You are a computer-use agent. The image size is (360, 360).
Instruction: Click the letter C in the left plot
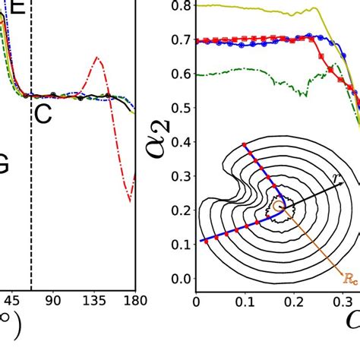pos(43,115)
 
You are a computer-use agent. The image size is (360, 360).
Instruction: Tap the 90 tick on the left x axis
pos(53,302)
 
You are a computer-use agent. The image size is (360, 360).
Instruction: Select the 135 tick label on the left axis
pos(95,302)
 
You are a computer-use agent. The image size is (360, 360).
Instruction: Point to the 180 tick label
pos(125,302)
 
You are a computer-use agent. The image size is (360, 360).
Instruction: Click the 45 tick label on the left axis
pos(11,302)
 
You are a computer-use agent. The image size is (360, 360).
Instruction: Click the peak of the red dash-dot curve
pos(96,58)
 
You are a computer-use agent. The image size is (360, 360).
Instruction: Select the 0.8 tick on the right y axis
pos(179,6)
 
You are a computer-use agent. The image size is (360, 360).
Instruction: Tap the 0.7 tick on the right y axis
pos(179,40)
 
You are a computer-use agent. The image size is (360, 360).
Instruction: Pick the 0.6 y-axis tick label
pos(179,74)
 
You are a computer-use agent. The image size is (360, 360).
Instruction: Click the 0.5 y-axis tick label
pos(179,109)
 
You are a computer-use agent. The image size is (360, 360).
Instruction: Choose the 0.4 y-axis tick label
pos(179,143)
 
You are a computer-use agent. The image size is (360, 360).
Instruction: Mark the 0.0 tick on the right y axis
pos(179,279)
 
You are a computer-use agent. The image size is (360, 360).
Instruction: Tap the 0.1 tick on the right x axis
pos(245,302)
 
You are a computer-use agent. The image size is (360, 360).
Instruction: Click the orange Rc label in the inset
pos(350,279)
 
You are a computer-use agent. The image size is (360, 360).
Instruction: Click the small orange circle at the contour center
pos(278,205)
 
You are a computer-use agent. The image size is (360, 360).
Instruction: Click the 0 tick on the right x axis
pos(197,302)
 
